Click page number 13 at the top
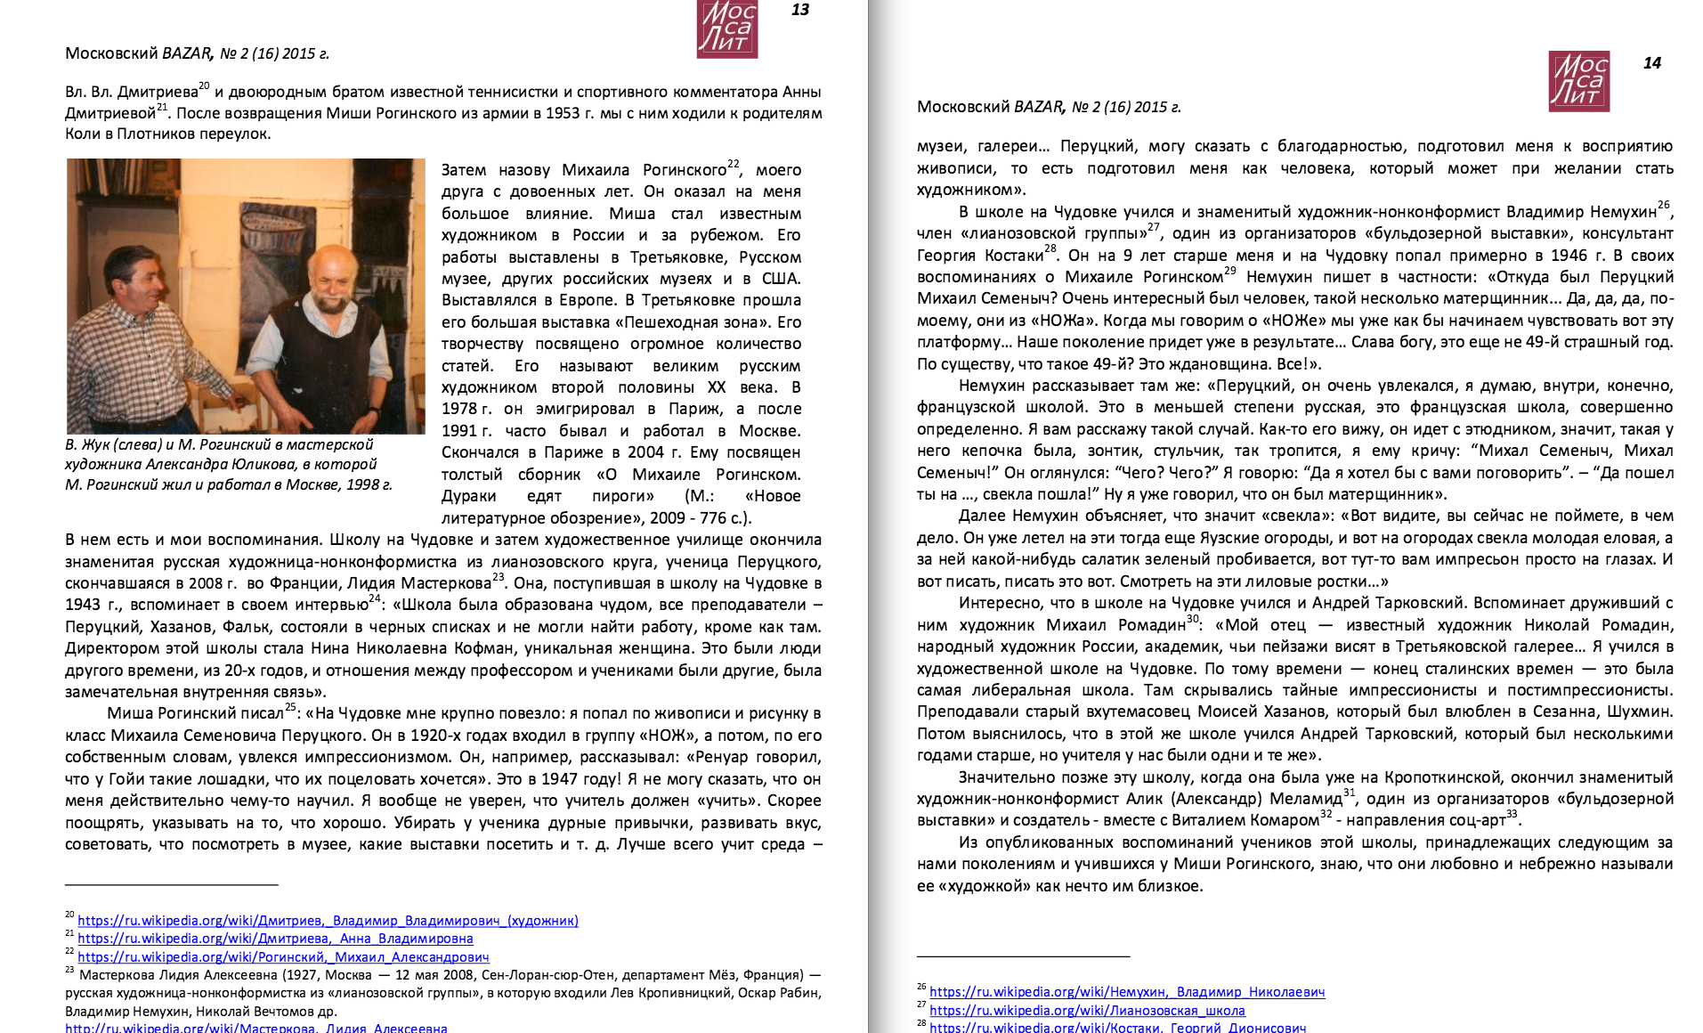[x=800, y=10]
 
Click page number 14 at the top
[x=1652, y=63]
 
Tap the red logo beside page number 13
[x=727, y=28]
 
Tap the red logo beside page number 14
[x=1579, y=81]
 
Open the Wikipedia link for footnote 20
[x=328, y=921]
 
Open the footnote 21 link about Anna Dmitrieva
[x=275, y=939]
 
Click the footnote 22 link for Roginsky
[x=283, y=957]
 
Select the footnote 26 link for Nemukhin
[x=1127, y=992]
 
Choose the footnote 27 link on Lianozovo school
[x=1087, y=1011]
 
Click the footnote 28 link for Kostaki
[x=1117, y=1028]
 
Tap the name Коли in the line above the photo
[x=81, y=134]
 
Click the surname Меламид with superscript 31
[x=1305, y=800]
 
